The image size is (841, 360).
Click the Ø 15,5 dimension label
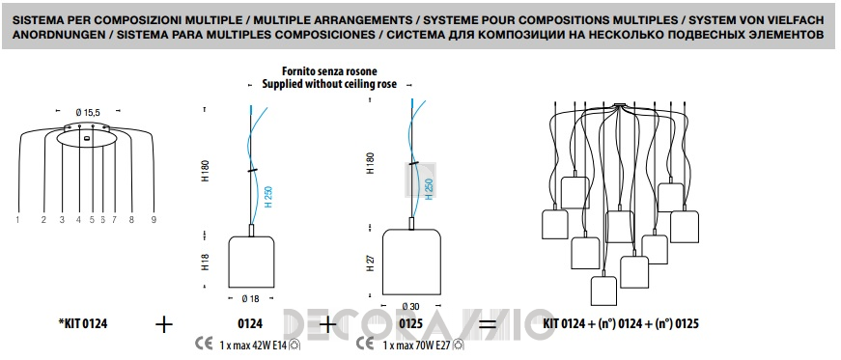tap(88, 112)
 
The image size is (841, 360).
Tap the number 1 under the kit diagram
tap(17, 219)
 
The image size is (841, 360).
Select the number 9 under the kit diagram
tap(154, 219)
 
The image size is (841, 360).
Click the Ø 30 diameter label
tap(412, 306)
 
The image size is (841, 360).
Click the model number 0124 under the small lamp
tap(250, 324)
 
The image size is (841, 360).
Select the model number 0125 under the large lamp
tap(410, 324)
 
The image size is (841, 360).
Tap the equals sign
tap(487, 324)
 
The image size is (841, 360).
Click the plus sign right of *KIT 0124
tap(164, 324)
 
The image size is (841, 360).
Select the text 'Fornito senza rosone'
tap(329, 71)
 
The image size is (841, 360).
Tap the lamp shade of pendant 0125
tap(411, 263)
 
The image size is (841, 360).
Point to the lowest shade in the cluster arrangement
tap(603, 291)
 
